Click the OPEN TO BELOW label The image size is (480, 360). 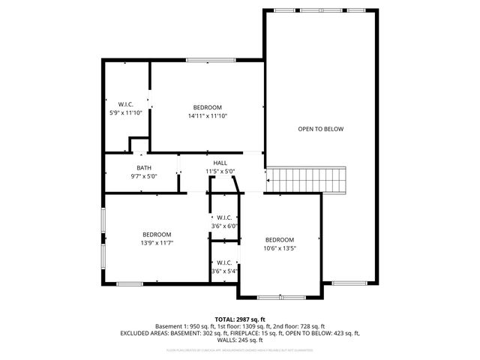point(320,129)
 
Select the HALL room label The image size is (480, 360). point(220,163)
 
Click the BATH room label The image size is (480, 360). point(144,167)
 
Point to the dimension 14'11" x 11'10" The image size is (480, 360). point(207,116)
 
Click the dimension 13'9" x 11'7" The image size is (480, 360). point(157,244)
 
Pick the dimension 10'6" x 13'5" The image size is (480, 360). point(280,248)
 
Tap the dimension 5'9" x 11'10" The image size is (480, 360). point(125,112)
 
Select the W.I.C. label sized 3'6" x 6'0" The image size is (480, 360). point(224,217)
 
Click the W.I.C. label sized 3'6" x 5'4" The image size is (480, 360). point(224,262)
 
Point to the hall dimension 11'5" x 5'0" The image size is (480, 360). point(220,172)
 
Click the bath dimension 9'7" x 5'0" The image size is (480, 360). point(144,176)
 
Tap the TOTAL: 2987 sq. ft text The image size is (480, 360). point(239,319)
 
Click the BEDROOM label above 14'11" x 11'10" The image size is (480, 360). point(207,107)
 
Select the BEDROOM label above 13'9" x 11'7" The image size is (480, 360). point(157,234)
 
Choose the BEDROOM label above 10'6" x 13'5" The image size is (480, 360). point(280,239)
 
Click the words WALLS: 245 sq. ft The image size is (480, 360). point(239,340)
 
